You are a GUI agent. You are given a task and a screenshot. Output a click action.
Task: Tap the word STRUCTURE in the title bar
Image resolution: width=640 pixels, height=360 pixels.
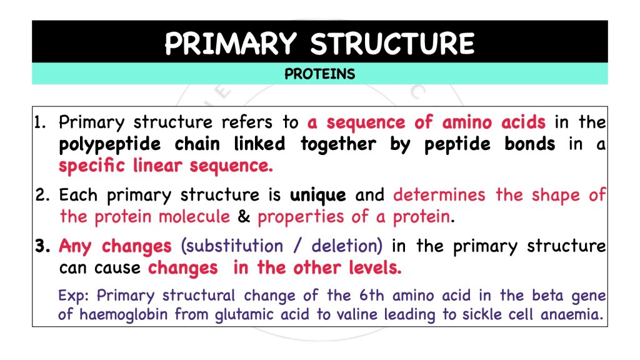tap(392, 43)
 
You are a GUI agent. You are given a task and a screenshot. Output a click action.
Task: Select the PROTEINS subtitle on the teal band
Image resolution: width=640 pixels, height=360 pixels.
tap(319, 74)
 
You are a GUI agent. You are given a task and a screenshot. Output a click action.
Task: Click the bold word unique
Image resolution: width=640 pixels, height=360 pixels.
tap(317, 196)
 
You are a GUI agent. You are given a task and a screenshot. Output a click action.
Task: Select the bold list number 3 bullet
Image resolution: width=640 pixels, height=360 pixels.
tap(42, 246)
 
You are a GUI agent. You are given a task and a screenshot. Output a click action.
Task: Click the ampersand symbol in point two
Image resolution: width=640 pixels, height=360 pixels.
tap(244, 217)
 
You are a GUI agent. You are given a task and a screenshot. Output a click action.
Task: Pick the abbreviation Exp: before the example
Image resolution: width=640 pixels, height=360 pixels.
tap(74, 296)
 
